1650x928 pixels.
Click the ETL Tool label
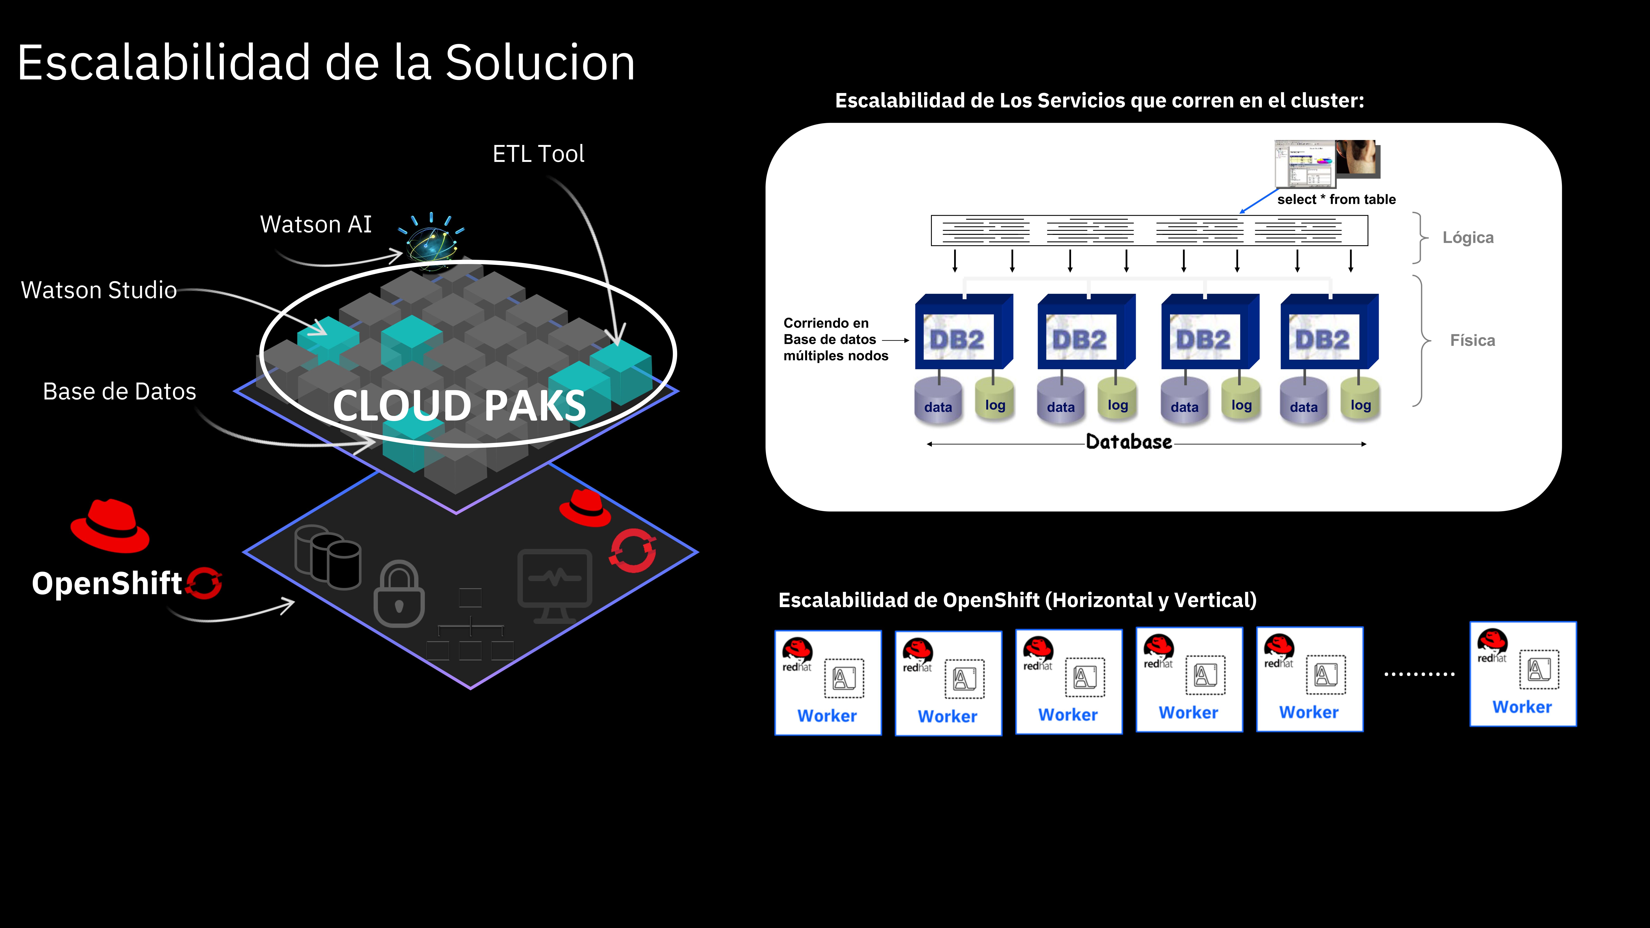538,154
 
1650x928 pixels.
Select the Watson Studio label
99,290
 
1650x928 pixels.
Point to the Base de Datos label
119,391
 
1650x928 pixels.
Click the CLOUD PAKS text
459,406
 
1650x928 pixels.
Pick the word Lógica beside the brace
1467,238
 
